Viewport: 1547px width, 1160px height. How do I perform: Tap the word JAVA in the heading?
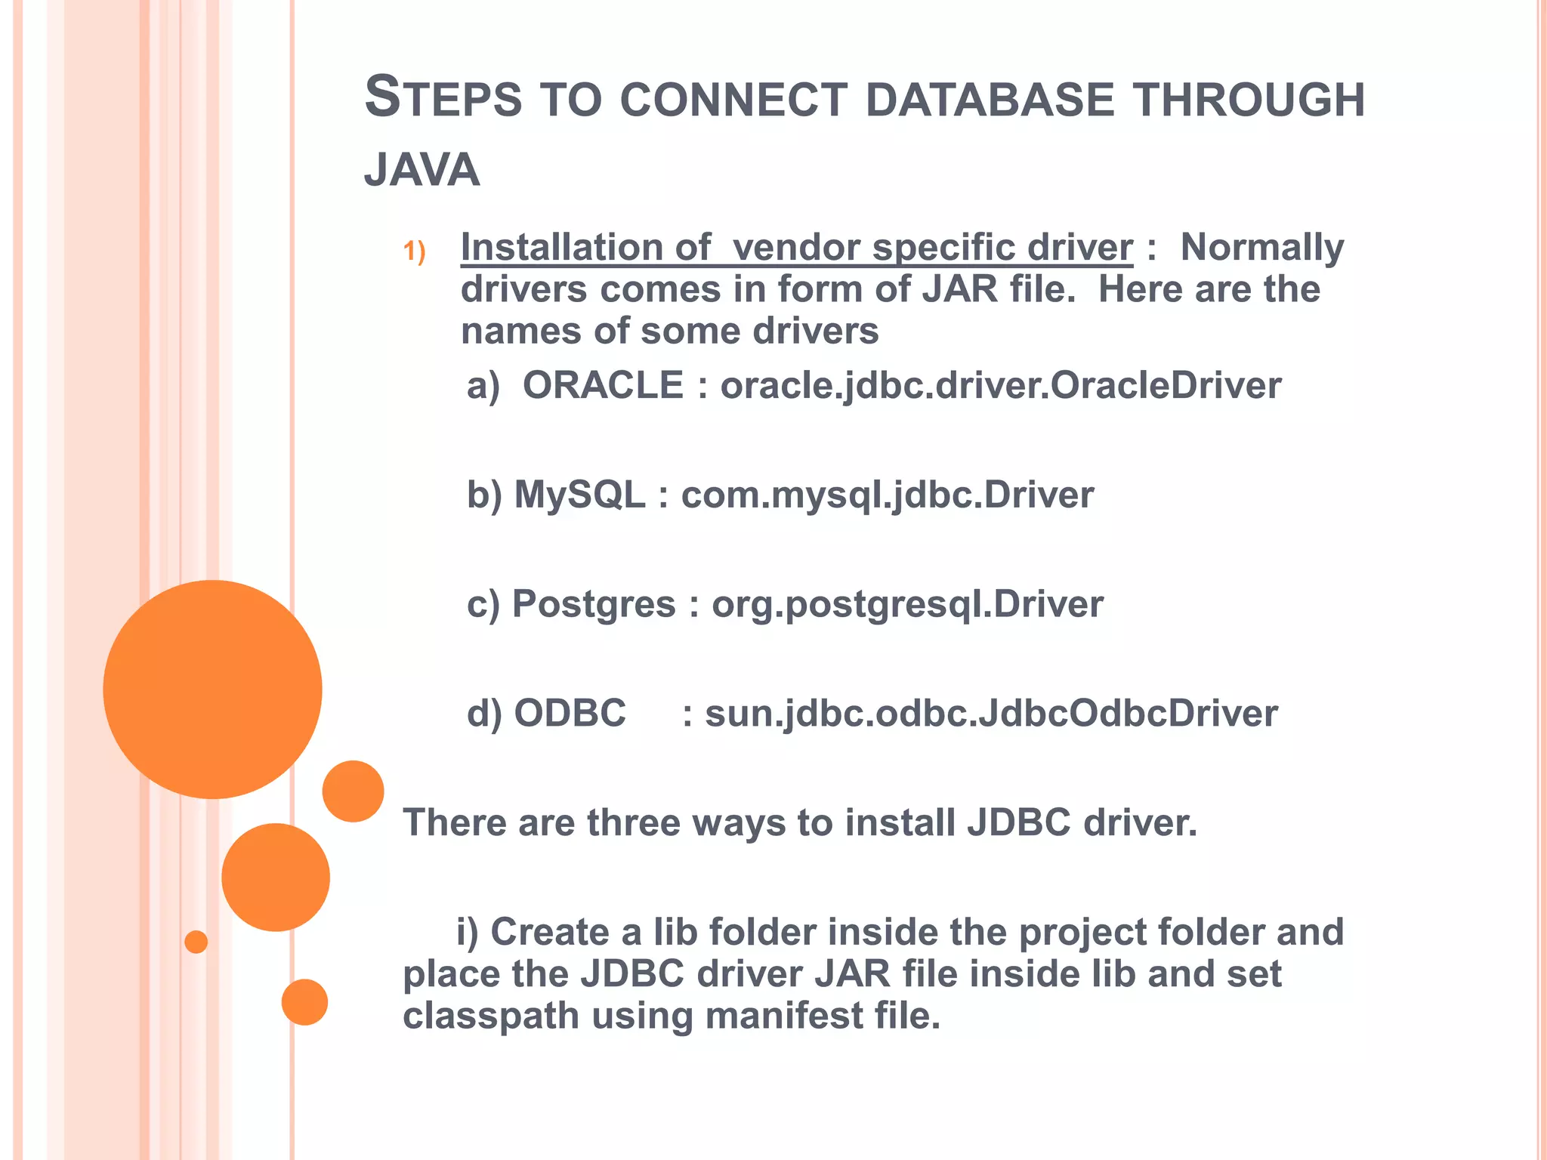coord(421,170)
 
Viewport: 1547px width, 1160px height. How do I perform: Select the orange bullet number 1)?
coord(414,251)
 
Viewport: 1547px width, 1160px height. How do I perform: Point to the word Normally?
coord(1261,248)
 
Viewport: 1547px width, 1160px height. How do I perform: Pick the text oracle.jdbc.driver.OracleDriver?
coord(1000,386)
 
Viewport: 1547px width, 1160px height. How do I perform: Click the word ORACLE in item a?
coord(603,386)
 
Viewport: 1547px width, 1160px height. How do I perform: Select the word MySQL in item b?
coord(579,495)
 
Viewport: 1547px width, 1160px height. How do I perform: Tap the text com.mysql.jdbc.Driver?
coord(887,495)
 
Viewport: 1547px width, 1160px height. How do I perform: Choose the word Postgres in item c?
coord(594,605)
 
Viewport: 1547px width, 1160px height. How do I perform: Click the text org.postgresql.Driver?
coord(907,605)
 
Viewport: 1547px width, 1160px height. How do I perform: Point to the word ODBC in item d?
coord(570,714)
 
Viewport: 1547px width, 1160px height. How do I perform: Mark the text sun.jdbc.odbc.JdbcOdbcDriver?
coord(991,714)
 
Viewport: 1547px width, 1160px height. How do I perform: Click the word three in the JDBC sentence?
coord(633,823)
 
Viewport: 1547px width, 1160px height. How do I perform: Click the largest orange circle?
coord(212,689)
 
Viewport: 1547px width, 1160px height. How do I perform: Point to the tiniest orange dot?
coord(196,942)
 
